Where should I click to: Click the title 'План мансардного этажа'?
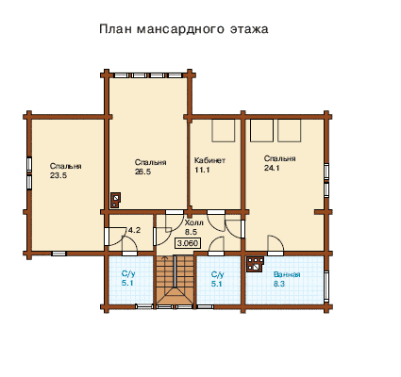tap(184, 29)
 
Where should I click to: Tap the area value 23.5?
tap(58, 175)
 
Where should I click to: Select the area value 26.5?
tap(143, 172)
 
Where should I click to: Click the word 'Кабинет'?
tap(209, 160)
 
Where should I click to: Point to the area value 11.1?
tap(202, 170)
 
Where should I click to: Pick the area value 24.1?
tap(272, 168)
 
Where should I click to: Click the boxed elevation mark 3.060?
tap(188, 243)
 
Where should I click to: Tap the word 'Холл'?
tap(194, 223)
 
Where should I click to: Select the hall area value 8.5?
tap(192, 233)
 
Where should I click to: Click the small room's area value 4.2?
tap(134, 230)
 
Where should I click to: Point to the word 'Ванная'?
tap(287, 274)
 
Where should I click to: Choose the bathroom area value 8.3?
tap(279, 284)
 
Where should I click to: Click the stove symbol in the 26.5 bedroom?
tap(115, 200)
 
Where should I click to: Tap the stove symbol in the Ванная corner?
tap(256, 264)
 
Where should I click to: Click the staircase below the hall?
tap(175, 280)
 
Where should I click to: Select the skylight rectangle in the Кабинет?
tap(224, 130)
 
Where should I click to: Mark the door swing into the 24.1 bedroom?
tap(276, 243)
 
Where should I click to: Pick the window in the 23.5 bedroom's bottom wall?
tap(58, 254)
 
